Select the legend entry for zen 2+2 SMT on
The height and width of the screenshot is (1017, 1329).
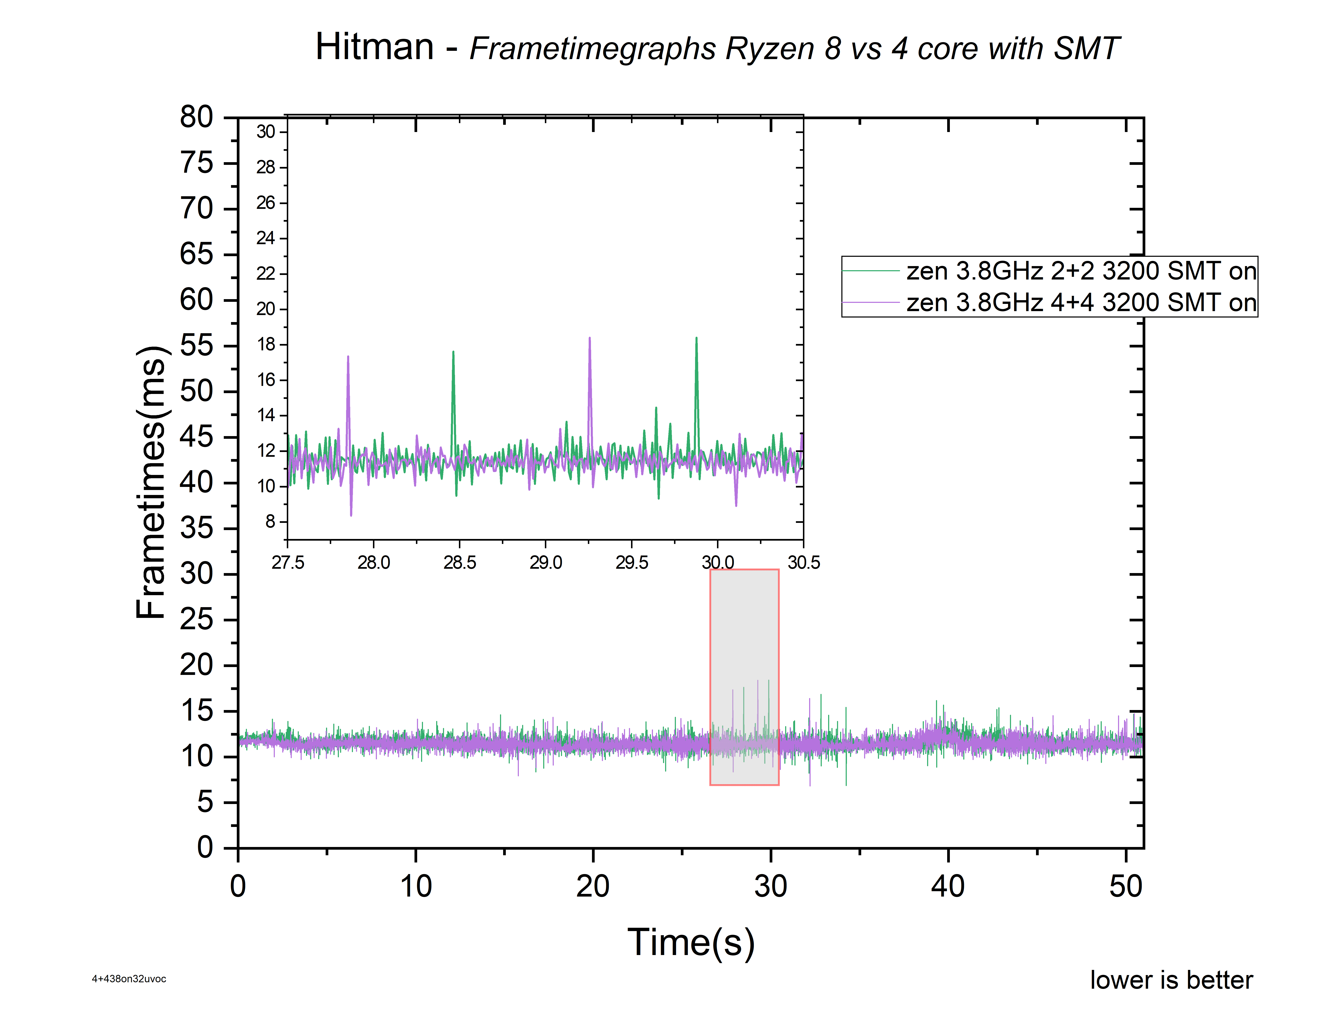[x=1049, y=271]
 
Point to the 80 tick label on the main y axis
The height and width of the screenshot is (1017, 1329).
[x=197, y=117]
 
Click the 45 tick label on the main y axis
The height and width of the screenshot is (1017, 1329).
[x=197, y=437]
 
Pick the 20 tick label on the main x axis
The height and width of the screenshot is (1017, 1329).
[x=593, y=886]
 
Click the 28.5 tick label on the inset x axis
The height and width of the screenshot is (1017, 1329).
[x=460, y=562]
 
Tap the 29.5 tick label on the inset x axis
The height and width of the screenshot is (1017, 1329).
[x=631, y=562]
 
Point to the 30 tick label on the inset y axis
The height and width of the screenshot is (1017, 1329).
[x=266, y=131]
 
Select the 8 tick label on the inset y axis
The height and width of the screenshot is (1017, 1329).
[x=270, y=521]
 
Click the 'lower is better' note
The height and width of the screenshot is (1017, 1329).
[x=1171, y=980]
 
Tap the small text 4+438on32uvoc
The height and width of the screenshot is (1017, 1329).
[x=129, y=979]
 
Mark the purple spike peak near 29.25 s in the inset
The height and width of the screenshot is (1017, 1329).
[x=590, y=338]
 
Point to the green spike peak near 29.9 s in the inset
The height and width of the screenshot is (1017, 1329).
[x=696, y=338]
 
